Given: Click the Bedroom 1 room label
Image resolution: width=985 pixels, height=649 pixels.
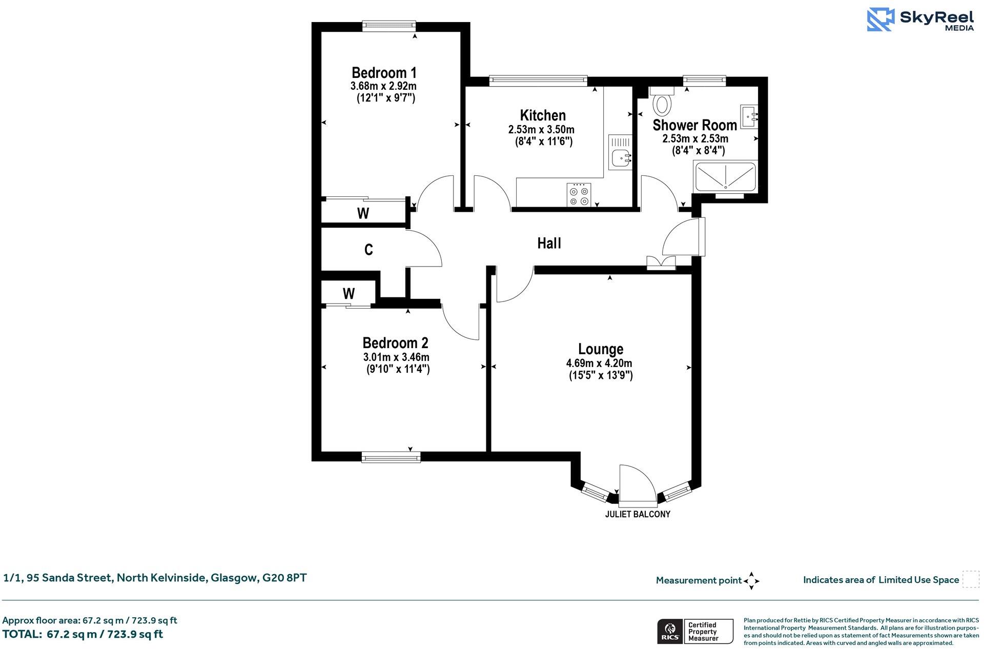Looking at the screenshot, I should click(x=384, y=73).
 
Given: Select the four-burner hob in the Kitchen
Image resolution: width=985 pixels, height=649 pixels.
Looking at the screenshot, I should click(x=579, y=195).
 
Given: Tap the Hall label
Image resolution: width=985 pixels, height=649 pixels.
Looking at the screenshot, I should click(x=549, y=244).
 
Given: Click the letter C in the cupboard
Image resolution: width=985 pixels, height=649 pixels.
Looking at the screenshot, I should click(x=368, y=250).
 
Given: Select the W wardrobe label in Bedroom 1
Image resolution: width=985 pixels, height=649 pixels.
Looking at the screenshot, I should click(x=363, y=213).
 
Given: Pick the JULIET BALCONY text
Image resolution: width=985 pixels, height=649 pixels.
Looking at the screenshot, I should click(x=638, y=514).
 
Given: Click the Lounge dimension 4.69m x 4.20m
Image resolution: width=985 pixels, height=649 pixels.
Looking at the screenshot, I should click(x=599, y=363).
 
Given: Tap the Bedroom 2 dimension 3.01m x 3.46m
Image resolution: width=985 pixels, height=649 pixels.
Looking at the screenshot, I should click(x=396, y=357).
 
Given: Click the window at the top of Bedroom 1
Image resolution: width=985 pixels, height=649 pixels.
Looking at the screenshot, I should click(x=389, y=25).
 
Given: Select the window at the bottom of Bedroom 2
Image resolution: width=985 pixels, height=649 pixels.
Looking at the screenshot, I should click(x=391, y=456).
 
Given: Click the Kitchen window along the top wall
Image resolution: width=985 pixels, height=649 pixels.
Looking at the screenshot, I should click(x=538, y=80).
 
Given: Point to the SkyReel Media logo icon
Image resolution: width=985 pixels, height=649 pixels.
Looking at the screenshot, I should click(x=880, y=19).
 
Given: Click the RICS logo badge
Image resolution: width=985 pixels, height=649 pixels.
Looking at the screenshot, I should click(x=669, y=632).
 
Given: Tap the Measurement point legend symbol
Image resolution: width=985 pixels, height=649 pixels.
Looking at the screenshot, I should click(x=751, y=581).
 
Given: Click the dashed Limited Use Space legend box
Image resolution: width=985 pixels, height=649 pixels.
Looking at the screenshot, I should click(x=970, y=579).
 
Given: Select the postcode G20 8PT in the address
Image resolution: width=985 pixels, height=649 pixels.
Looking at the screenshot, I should click(x=284, y=578).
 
